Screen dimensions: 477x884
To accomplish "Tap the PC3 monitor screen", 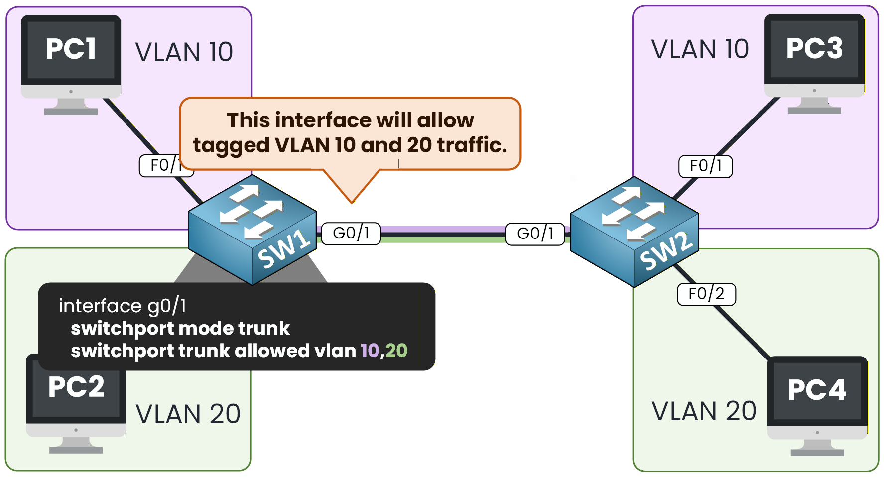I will (814, 49).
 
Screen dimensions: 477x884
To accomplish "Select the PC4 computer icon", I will (817, 398).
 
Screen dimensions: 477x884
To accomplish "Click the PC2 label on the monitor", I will (76, 387).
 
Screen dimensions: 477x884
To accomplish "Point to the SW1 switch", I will (252, 229).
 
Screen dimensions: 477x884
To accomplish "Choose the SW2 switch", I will (634, 232).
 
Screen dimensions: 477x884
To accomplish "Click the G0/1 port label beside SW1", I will (351, 233).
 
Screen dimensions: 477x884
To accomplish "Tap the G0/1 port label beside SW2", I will (535, 234).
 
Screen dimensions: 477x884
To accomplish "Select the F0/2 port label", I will (706, 294).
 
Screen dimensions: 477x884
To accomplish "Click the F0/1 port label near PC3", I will (706, 166).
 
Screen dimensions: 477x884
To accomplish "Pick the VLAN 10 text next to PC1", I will (184, 52).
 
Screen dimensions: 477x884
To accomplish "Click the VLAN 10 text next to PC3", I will (700, 49).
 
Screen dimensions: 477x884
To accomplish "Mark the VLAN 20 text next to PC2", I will (188, 414).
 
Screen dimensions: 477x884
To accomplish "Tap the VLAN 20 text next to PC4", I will (704, 411).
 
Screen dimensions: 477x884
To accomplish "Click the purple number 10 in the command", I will (370, 351).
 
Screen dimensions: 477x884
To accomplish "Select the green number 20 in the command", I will (396, 351).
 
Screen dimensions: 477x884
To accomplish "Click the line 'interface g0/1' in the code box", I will (123, 306).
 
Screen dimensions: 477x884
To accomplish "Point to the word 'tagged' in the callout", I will (231, 145).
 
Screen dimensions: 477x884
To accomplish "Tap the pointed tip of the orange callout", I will (352, 202).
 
